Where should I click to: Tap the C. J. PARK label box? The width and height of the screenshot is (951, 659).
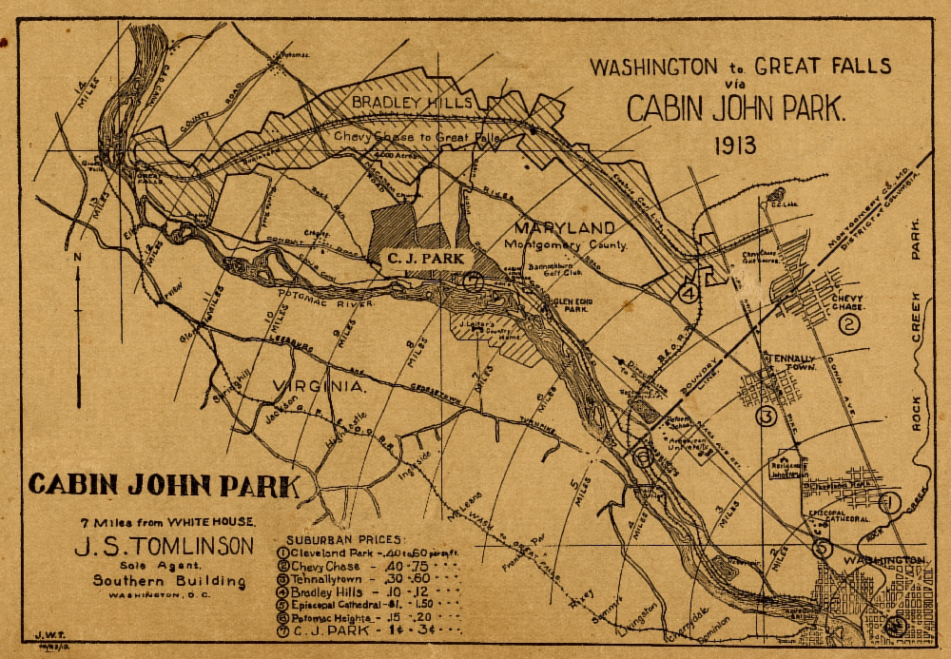tap(423, 257)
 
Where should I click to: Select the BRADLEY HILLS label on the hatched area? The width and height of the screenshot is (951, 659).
tap(399, 102)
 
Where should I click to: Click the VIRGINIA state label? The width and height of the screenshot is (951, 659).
tap(319, 386)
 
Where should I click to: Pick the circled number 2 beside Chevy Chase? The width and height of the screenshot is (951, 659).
tap(849, 325)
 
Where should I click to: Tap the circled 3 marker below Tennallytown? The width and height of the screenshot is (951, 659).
tap(767, 416)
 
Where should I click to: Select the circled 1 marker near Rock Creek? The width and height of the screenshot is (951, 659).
tap(889, 501)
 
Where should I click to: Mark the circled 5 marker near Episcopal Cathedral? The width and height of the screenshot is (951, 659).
tap(823, 549)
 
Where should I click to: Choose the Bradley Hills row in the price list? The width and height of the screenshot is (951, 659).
tap(366, 590)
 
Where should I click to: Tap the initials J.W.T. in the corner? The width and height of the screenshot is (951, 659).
tap(43, 637)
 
